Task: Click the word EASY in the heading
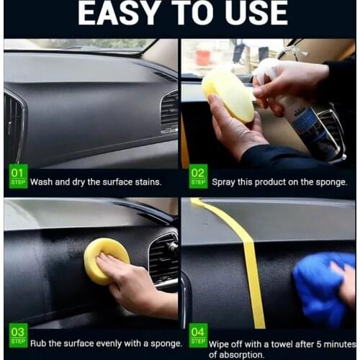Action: [118, 13]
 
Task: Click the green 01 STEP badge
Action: [18, 176]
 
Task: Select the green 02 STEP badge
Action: [198, 176]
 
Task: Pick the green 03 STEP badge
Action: [18, 336]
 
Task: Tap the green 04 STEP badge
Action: [198, 336]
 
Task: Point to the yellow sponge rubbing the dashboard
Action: [106, 261]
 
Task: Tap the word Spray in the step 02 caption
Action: [223, 183]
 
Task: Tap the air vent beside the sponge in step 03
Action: [163, 261]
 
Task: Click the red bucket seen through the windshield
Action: [203, 58]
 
